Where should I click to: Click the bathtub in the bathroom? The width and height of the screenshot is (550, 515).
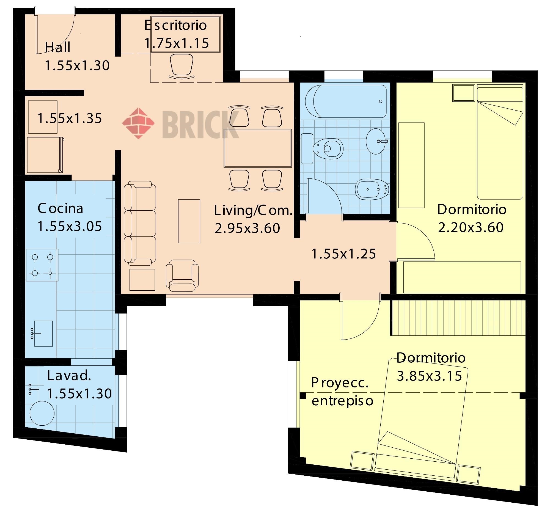coord(346,101)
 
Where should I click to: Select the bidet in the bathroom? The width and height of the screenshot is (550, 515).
coord(372,189)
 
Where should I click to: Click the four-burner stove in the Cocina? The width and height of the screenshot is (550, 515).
coord(42,265)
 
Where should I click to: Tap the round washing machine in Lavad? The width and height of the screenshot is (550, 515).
coord(42,413)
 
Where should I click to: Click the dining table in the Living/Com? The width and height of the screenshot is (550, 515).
coord(258,148)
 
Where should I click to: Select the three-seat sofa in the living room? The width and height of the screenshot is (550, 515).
coord(140,223)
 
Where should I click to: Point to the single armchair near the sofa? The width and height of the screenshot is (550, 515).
coord(182,276)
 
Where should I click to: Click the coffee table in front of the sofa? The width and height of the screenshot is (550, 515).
coord(189,221)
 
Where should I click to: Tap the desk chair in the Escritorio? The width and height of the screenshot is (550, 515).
coord(182,66)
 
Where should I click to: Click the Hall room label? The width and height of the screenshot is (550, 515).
coord(57,47)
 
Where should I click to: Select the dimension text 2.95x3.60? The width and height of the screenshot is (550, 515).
coord(247,228)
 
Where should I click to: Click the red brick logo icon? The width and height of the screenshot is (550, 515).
coord(138,123)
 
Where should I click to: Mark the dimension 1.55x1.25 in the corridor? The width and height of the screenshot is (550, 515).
coord(343,254)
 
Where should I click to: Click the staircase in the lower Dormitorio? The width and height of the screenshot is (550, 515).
coord(458,318)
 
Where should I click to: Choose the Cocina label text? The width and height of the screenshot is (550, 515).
coord(60,208)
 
